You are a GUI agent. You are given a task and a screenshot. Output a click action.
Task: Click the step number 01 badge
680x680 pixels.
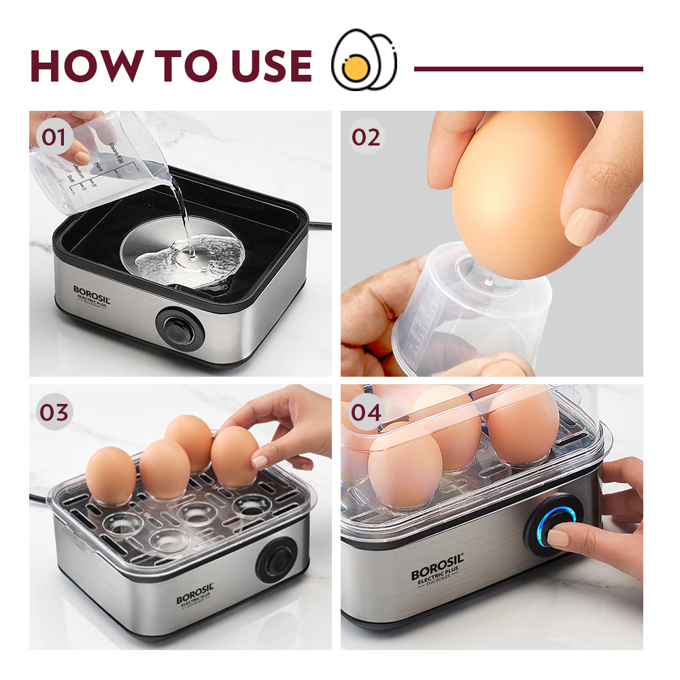coord(54,137)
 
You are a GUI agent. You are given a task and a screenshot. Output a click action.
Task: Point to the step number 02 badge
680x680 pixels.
coord(366,137)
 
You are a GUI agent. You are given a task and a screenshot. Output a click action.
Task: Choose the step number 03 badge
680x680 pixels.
coord(54,413)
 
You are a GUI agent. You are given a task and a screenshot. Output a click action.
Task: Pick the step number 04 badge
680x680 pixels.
coord(366,411)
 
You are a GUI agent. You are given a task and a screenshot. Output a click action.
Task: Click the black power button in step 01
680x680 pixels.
coord(180,330)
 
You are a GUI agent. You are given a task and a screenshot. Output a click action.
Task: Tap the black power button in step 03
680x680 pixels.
coord(276,560)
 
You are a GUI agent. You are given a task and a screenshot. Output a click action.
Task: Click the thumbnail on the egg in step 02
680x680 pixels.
coord(585,226)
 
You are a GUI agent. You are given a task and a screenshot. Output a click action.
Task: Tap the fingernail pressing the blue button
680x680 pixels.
coord(558,539)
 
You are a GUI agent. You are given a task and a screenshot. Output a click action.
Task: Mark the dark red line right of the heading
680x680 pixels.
coord(528,69)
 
